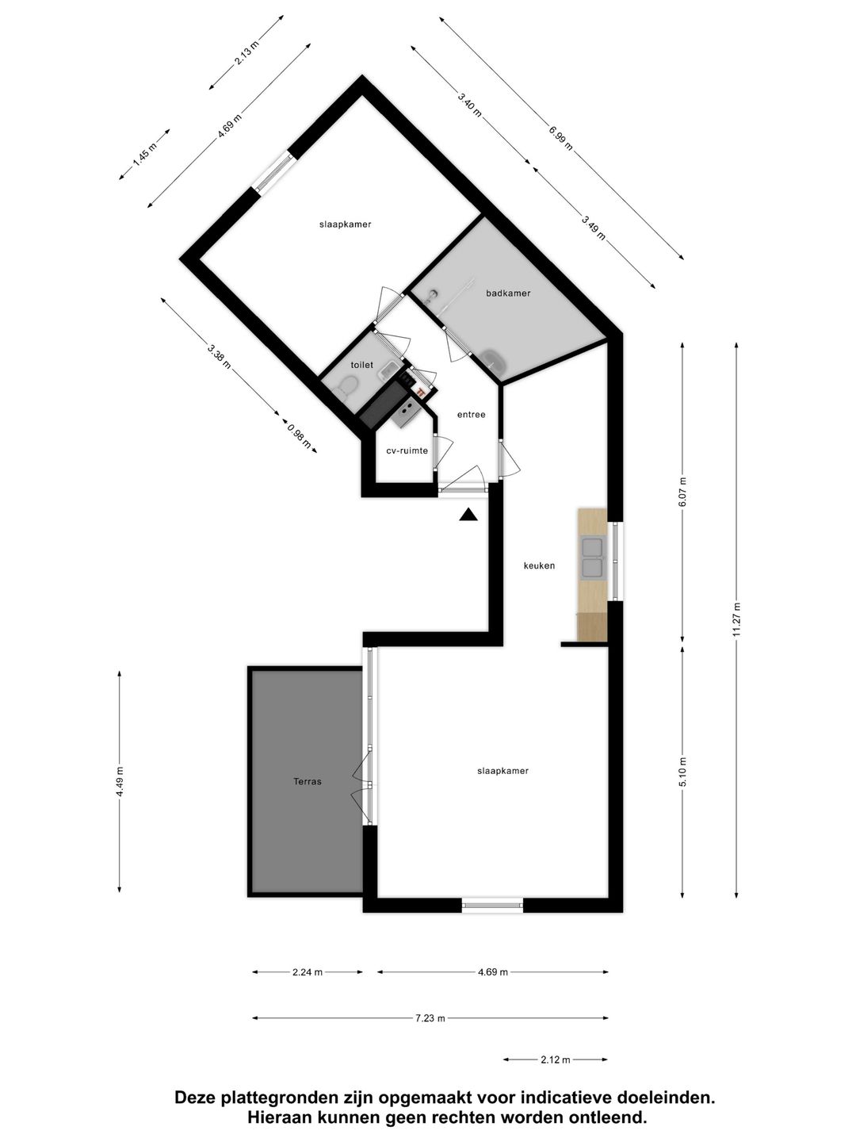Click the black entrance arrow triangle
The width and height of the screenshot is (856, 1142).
pos(468,514)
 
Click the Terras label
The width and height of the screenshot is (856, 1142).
pos(308,781)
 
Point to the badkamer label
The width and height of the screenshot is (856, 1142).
pos(508,293)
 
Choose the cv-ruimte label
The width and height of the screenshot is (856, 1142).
pos(407,450)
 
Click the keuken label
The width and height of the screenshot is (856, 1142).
pos(539,565)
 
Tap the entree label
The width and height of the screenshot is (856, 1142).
pos(472,415)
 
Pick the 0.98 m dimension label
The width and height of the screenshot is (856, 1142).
pos(300,437)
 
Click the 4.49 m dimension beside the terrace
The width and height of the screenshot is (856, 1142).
pos(120,781)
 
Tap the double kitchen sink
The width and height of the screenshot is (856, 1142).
pos(592,558)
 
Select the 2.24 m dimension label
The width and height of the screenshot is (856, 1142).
pos(308,971)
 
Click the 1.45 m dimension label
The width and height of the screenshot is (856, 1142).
pos(144,155)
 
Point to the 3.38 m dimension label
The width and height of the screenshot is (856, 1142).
pos(219,356)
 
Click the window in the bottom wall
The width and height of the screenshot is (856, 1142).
pos(492,906)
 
